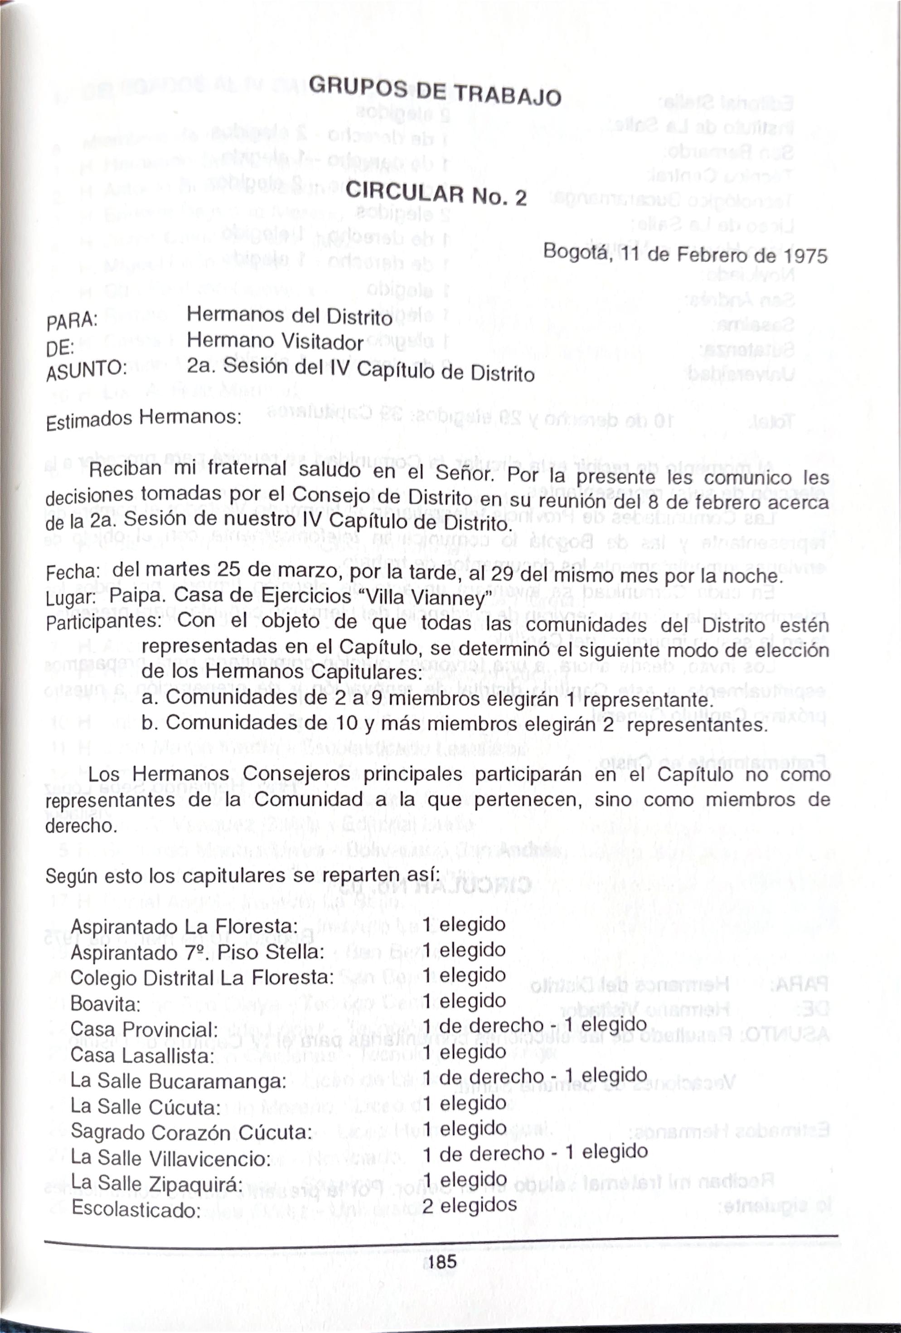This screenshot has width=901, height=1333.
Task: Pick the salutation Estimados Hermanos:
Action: [x=143, y=419]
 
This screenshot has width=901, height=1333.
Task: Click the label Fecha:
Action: [x=73, y=572]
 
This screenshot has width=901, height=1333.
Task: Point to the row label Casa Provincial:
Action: [x=144, y=1029]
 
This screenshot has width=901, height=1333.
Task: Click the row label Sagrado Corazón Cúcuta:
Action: [x=191, y=1132]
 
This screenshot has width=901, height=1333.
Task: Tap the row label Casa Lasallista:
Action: [x=142, y=1054]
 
